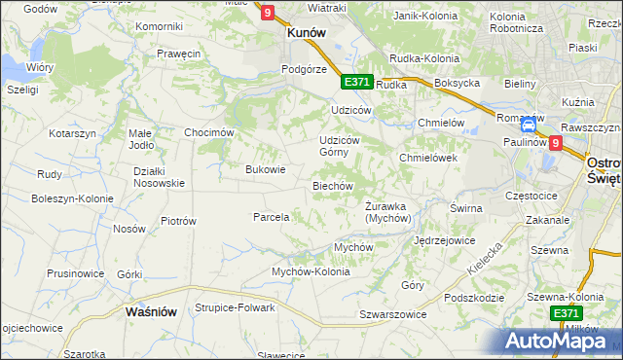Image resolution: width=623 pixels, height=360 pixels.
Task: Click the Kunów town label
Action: [x=305, y=31]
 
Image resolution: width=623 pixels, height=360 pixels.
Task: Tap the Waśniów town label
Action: [x=151, y=312]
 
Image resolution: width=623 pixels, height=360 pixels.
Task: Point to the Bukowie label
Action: [x=266, y=169]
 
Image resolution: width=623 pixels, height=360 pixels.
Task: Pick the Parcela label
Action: [x=272, y=217]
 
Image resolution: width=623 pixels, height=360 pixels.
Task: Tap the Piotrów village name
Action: [x=178, y=221]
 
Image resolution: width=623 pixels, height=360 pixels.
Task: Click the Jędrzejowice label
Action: [x=444, y=239]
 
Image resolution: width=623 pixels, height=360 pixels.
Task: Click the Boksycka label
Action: [x=458, y=84]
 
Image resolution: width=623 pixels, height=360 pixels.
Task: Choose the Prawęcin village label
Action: [x=177, y=54]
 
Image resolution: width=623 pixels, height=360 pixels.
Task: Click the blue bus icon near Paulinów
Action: [x=529, y=126]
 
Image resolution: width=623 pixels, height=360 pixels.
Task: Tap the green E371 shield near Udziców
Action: [x=356, y=83]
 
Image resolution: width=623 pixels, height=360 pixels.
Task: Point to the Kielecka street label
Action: [x=484, y=257]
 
